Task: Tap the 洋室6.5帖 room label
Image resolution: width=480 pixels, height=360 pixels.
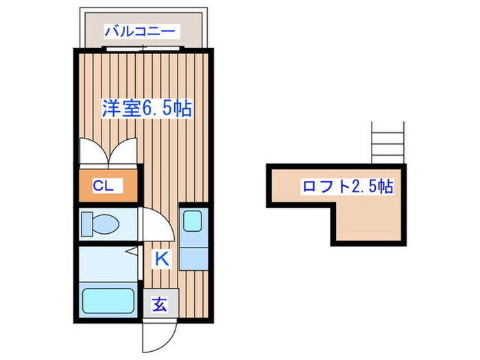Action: click(146, 108)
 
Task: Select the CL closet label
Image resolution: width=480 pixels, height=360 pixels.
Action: click(107, 185)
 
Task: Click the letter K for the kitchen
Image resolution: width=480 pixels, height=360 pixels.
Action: click(161, 259)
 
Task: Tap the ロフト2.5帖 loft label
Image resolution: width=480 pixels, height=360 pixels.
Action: click(347, 187)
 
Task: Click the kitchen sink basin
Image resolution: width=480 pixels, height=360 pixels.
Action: click(192, 220)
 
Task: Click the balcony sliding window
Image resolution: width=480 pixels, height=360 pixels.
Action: click(143, 47)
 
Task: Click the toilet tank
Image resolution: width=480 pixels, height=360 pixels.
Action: click(86, 224)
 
